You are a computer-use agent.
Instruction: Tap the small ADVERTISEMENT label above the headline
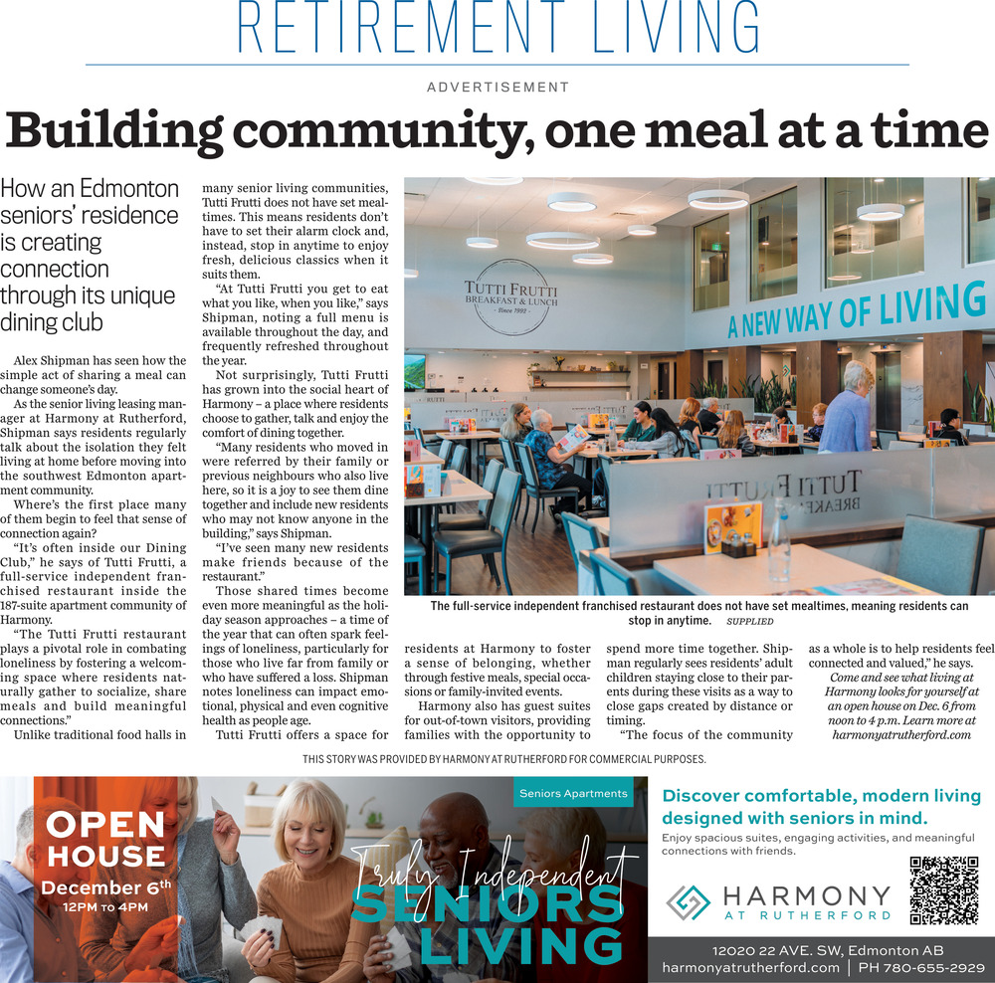click(x=497, y=88)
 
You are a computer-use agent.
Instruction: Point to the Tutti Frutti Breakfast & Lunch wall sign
click(x=510, y=296)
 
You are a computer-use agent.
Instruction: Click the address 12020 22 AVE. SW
click(x=785, y=950)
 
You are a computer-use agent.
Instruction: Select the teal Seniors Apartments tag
click(x=573, y=793)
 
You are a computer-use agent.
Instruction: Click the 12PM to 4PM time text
click(x=104, y=907)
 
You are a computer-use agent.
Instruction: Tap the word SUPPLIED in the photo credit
click(x=749, y=621)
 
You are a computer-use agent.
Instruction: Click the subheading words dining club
click(x=52, y=322)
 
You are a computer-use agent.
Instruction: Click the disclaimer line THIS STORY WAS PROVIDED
click(x=503, y=759)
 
